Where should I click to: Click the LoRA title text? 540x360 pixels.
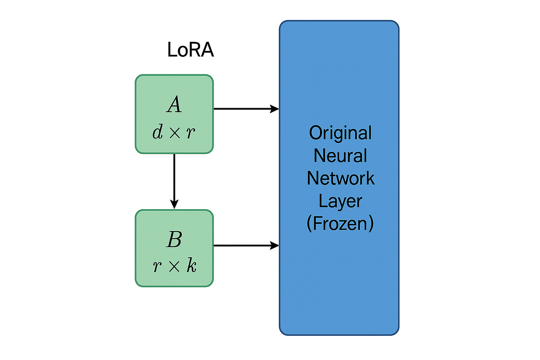[x=190, y=50]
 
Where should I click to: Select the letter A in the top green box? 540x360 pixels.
[x=174, y=105]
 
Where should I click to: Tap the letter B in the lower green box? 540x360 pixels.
[x=174, y=239]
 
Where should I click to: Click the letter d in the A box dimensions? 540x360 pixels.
[x=158, y=132]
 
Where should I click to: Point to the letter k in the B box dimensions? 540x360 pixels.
[x=192, y=265]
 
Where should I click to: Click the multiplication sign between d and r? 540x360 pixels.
[x=175, y=133]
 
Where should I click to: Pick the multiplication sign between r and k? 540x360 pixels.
[x=174, y=267]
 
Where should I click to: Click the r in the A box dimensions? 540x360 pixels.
[x=191, y=133]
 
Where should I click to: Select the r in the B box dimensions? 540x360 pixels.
[x=157, y=267]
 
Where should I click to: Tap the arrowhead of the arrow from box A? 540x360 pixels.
[x=274, y=109]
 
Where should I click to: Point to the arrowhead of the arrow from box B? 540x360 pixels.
[x=274, y=245]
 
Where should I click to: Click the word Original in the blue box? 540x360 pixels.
[x=340, y=133]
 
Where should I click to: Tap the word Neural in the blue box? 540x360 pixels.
[x=340, y=156]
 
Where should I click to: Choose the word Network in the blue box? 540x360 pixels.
[x=340, y=178]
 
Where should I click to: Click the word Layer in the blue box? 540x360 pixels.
[x=340, y=201]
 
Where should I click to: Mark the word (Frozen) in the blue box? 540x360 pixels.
[x=340, y=224]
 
